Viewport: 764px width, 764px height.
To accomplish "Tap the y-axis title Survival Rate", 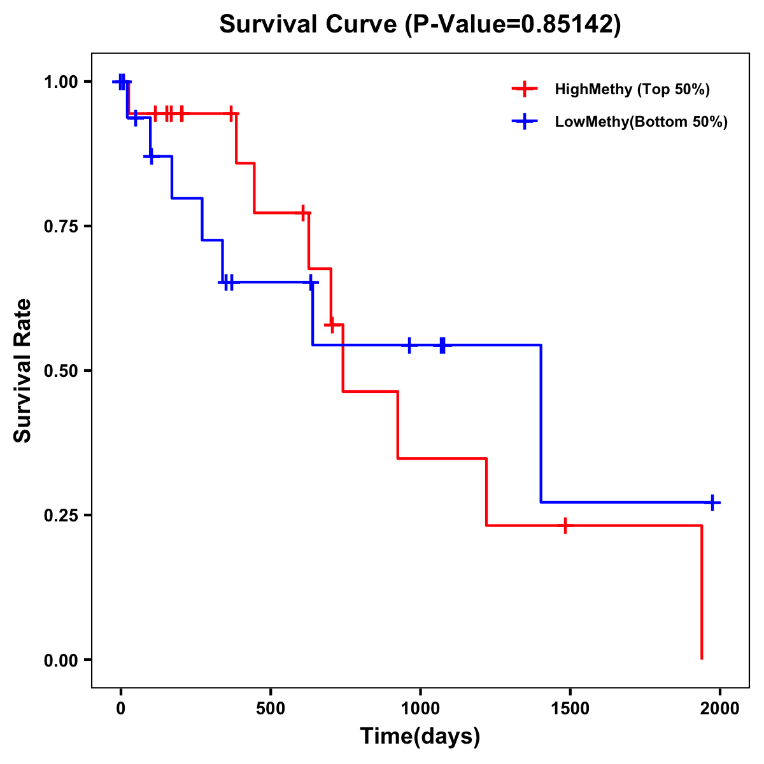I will (x=23, y=371).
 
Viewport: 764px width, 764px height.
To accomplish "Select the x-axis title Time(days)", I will (x=420, y=736).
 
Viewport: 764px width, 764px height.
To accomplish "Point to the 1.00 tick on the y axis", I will (x=60, y=81).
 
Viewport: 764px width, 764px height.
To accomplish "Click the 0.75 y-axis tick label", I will (x=60, y=226).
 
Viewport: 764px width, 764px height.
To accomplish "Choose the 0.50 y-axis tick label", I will (x=60, y=371).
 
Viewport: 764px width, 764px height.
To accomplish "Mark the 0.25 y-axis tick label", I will (x=60, y=515).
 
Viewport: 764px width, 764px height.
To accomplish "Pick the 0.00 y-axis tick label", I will (x=60, y=660).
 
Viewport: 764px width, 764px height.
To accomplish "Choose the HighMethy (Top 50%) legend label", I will (x=632, y=89).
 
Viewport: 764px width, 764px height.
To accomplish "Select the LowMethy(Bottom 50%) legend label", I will (x=641, y=122).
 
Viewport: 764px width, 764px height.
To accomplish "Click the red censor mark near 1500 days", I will (x=565, y=525).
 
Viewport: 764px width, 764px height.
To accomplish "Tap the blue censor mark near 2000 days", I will (x=712, y=502).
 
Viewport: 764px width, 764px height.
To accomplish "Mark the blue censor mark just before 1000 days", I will (x=409, y=345).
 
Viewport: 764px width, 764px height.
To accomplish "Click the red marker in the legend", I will (x=525, y=89).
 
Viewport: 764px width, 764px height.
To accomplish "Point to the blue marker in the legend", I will (x=525, y=122).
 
